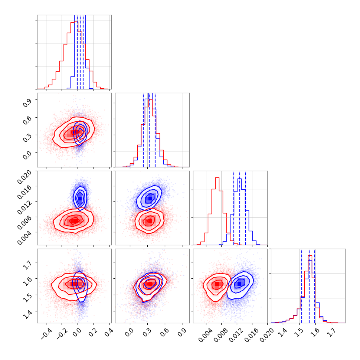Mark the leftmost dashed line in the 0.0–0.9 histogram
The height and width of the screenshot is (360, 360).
coord(143,130)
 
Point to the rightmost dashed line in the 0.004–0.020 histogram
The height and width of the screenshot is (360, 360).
coord(246,208)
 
